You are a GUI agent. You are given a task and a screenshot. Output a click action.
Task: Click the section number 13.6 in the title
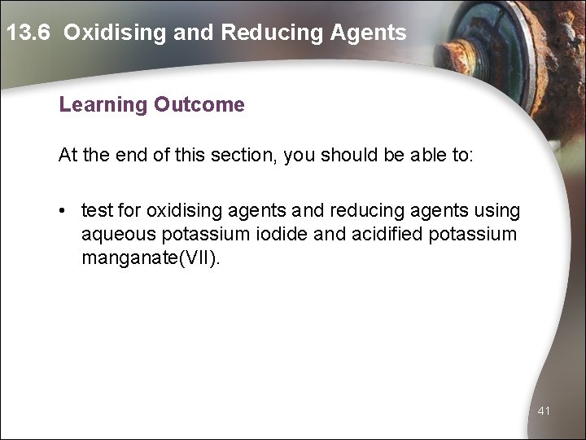[28, 33]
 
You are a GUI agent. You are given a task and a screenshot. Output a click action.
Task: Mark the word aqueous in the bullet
[115, 235]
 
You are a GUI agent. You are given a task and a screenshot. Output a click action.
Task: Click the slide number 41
[544, 411]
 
